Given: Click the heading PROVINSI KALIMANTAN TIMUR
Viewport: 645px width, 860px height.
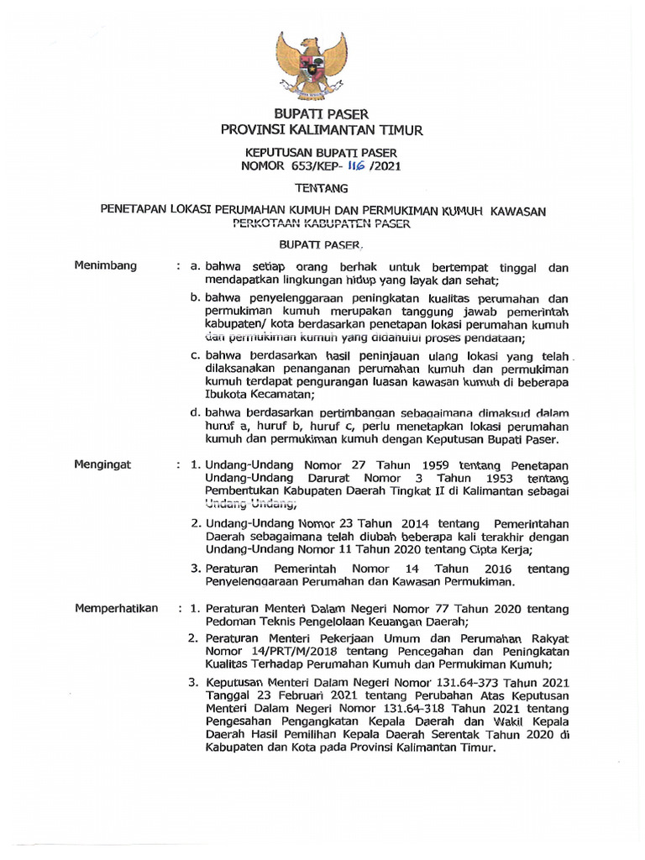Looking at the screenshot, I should (x=322, y=130).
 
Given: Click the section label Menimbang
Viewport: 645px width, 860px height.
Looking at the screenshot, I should (x=105, y=266).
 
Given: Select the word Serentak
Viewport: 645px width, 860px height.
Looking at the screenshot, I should (x=431, y=735).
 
